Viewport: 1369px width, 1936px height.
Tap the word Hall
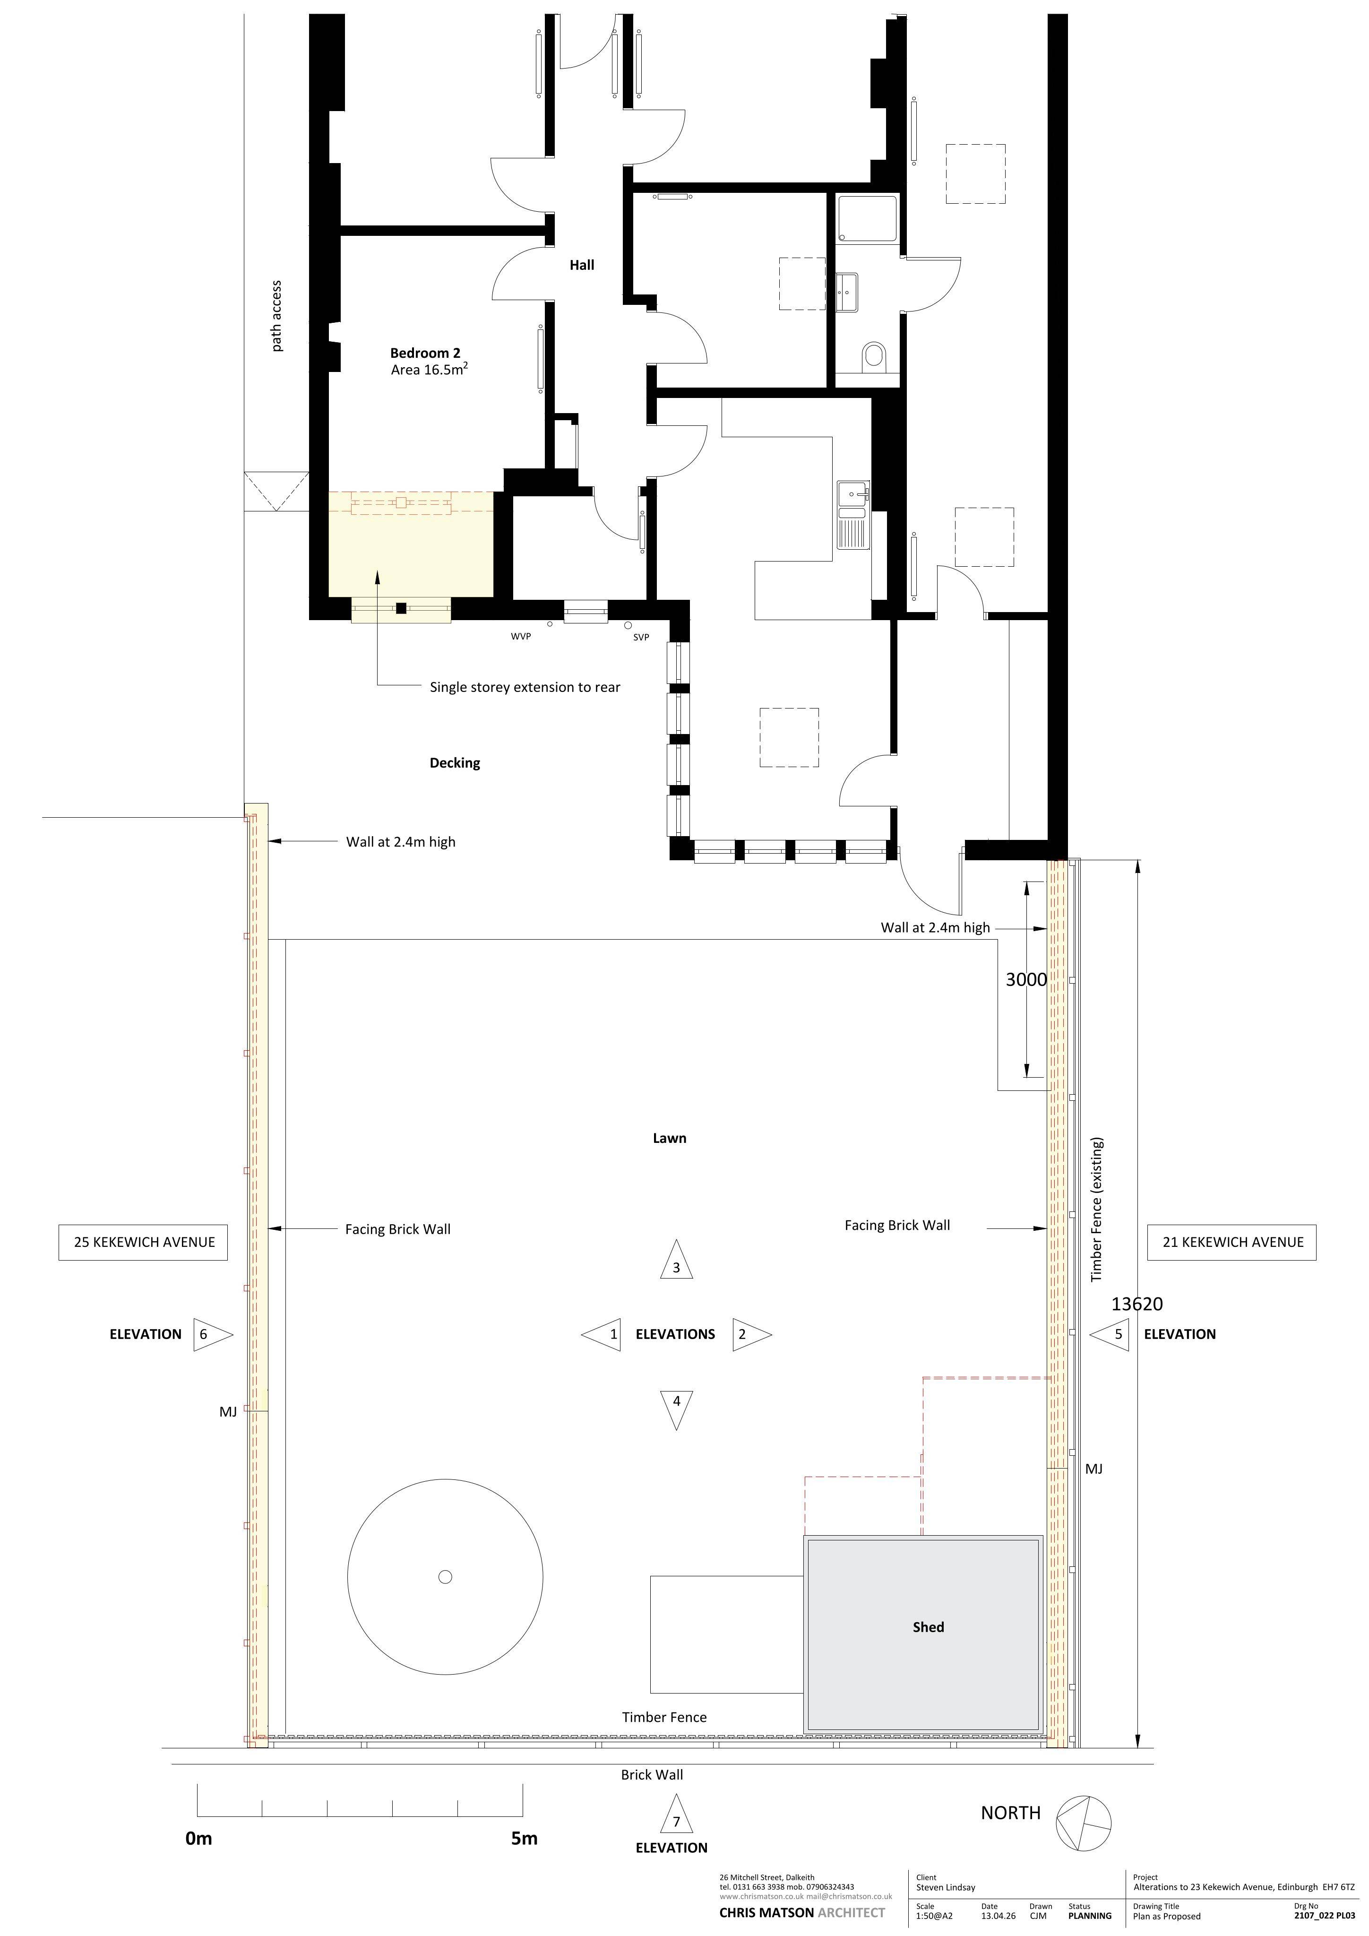coord(582,265)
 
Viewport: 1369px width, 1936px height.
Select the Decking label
coord(455,763)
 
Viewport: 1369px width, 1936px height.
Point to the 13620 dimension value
coord(1137,1305)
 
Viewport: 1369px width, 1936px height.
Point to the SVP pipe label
coord(641,638)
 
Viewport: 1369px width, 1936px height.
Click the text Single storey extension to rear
coord(525,687)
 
